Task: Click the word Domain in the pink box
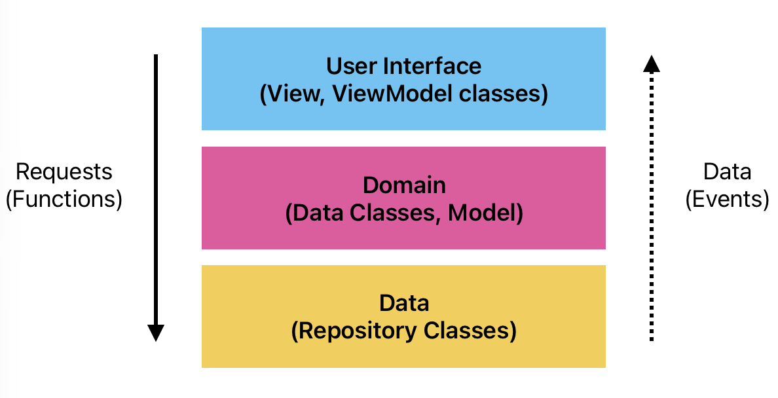[x=404, y=185]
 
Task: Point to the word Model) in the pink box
[x=485, y=213]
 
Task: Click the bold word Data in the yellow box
[x=404, y=303]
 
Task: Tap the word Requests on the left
[x=64, y=172]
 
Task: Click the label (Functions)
[x=64, y=199]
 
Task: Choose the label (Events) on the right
[x=727, y=199]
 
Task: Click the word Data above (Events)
[x=727, y=172]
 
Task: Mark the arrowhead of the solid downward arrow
[x=155, y=333]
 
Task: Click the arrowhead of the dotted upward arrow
[x=651, y=63]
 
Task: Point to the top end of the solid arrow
[x=156, y=57]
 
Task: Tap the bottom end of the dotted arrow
[x=651, y=339]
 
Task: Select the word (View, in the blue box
[x=293, y=94]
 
